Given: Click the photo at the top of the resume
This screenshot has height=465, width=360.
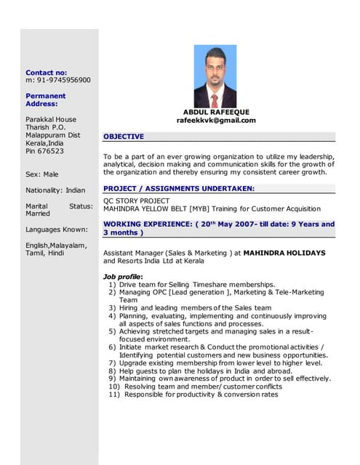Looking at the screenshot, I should click(215, 76).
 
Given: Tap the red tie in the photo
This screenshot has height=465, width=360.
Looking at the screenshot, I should click(215, 100).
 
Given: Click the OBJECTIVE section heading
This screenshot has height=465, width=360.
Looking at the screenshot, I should click(124, 137).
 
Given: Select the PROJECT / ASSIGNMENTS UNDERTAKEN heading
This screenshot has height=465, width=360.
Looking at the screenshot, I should click(179, 188).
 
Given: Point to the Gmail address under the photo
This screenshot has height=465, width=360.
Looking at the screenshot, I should click(216, 121).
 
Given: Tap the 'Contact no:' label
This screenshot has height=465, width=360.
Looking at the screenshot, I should click(46, 73).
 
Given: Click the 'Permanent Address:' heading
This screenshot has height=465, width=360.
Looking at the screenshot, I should click(45, 100).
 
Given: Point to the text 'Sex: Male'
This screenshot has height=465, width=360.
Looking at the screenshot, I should click(41, 174).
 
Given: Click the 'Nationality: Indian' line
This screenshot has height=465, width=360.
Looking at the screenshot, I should click(55, 190).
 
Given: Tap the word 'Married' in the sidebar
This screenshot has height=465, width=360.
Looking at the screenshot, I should click(38, 214).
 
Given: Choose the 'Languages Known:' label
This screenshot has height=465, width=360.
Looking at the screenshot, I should click(56, 230).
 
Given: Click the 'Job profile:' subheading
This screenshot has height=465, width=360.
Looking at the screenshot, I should click(123, 277).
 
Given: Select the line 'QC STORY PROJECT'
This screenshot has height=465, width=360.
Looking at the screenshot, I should click(136, 201).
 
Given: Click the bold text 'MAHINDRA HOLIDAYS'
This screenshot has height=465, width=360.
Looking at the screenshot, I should click(284, 253).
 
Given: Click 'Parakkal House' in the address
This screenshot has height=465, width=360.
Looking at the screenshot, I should click(51, 119).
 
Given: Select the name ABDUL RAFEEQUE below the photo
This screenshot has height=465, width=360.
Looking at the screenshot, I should click(216, 112).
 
